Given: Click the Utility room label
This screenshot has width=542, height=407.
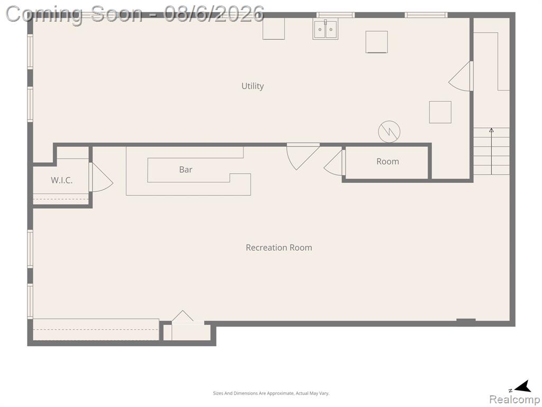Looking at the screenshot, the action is pos(252,86).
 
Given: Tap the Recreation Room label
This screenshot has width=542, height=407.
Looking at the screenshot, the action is pos(278,247).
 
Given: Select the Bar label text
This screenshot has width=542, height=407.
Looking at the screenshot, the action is pos(186,170).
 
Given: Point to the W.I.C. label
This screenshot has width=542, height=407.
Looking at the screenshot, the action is pos(61,180).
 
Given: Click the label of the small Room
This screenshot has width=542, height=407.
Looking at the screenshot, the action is pos(387,161).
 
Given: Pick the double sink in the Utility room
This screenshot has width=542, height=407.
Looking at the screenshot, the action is pos(326,30).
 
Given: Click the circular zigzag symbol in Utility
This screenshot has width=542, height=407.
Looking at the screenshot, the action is pos(389,131).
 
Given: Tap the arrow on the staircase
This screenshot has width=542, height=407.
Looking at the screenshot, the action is pos(491,151).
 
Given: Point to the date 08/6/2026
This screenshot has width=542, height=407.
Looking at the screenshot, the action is pos(214,14).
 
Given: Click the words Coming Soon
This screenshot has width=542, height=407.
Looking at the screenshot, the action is pos(74,14).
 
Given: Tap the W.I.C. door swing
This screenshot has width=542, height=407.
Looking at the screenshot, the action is pos(101,177).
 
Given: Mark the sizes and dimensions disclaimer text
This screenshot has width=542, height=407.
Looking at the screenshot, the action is pos(271,393).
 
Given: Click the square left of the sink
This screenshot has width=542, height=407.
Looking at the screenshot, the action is pos(274,29).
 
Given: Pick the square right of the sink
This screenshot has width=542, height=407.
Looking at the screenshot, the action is pos(376,42).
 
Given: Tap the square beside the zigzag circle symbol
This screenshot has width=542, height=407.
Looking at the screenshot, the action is pos(440,112).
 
